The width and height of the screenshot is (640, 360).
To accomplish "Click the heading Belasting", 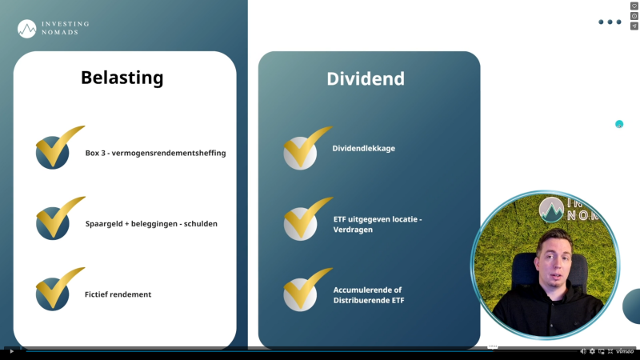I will (122, 78).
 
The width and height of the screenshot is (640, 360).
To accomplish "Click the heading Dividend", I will (365, 78).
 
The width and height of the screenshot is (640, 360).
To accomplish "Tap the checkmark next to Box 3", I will (56, 149).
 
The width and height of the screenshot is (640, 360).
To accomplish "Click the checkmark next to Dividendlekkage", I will (304, 149).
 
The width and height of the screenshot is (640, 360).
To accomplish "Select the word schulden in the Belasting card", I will (199, 224).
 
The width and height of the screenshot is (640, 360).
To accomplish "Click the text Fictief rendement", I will (118, 294).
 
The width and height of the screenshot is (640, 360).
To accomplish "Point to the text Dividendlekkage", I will (364, 148).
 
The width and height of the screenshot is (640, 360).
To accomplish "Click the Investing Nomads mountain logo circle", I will (26, 29).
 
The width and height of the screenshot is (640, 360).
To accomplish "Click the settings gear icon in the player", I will (592, 351).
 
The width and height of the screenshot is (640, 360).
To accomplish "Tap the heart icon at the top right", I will (634, 6).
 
